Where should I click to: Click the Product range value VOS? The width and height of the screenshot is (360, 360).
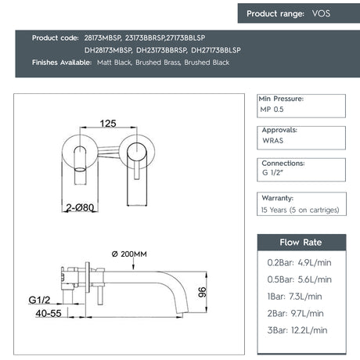point(321,13)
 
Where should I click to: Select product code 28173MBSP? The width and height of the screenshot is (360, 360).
point(103,38)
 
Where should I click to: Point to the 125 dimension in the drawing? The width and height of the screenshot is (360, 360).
point(109,123)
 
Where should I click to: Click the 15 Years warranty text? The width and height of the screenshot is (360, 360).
point(301,210)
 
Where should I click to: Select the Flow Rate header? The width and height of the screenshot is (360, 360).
point(301,242)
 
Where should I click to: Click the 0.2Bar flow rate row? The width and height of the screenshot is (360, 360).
point(299,264)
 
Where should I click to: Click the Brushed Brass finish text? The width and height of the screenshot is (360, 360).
point(162,63)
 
